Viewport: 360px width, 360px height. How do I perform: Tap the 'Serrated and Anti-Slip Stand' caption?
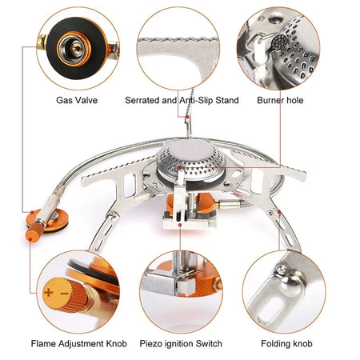click(x=180, y=102)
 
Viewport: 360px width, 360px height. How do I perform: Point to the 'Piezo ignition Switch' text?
click(x=180, y=344)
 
